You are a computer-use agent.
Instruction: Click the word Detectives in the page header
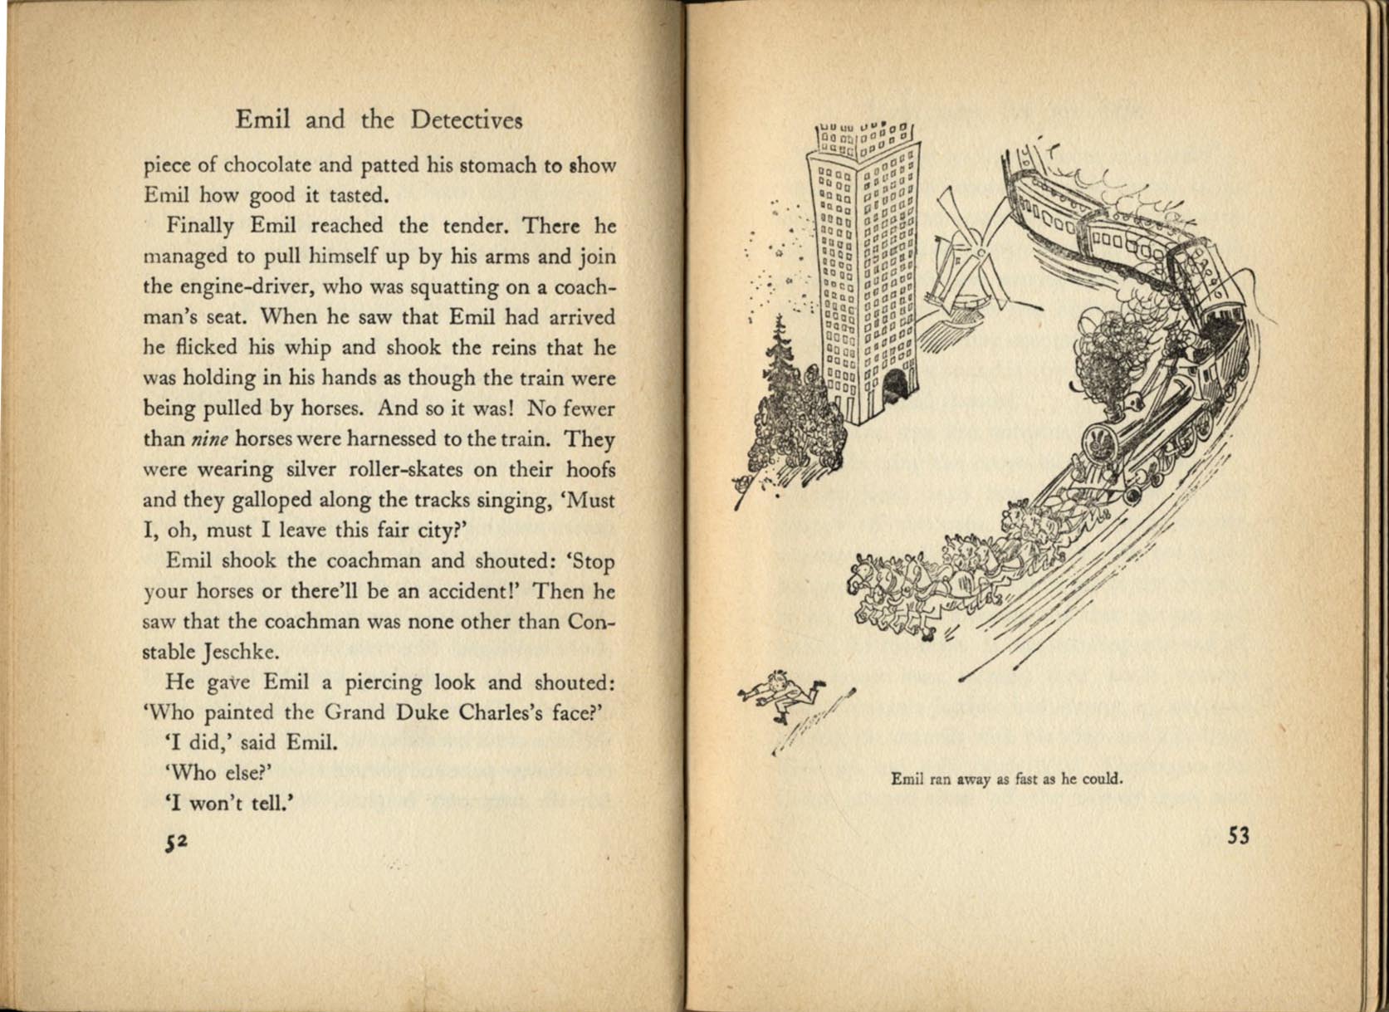click(x=466, y=121)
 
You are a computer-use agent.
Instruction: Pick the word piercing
click(x=399, y=683)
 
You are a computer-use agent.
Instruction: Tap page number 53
click(x=1238, y=836)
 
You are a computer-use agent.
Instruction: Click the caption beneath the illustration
click(x=1006, y=780)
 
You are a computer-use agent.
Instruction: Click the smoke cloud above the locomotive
click(x=1108, y=357)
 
